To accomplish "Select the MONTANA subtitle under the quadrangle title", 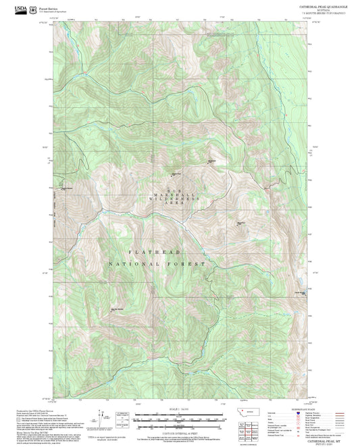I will [x=320, y=9].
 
